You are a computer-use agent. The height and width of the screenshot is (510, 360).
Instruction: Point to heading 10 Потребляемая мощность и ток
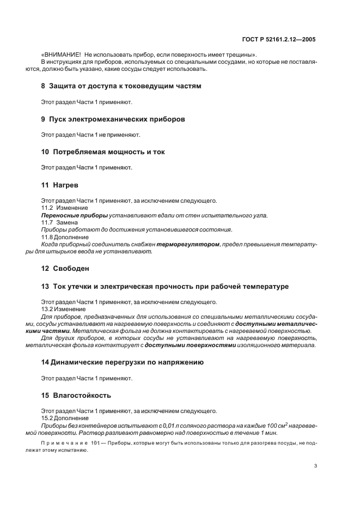103,151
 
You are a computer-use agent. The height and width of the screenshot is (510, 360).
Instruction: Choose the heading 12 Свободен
65,269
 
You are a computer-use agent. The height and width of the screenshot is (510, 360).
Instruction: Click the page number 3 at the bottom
315,465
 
